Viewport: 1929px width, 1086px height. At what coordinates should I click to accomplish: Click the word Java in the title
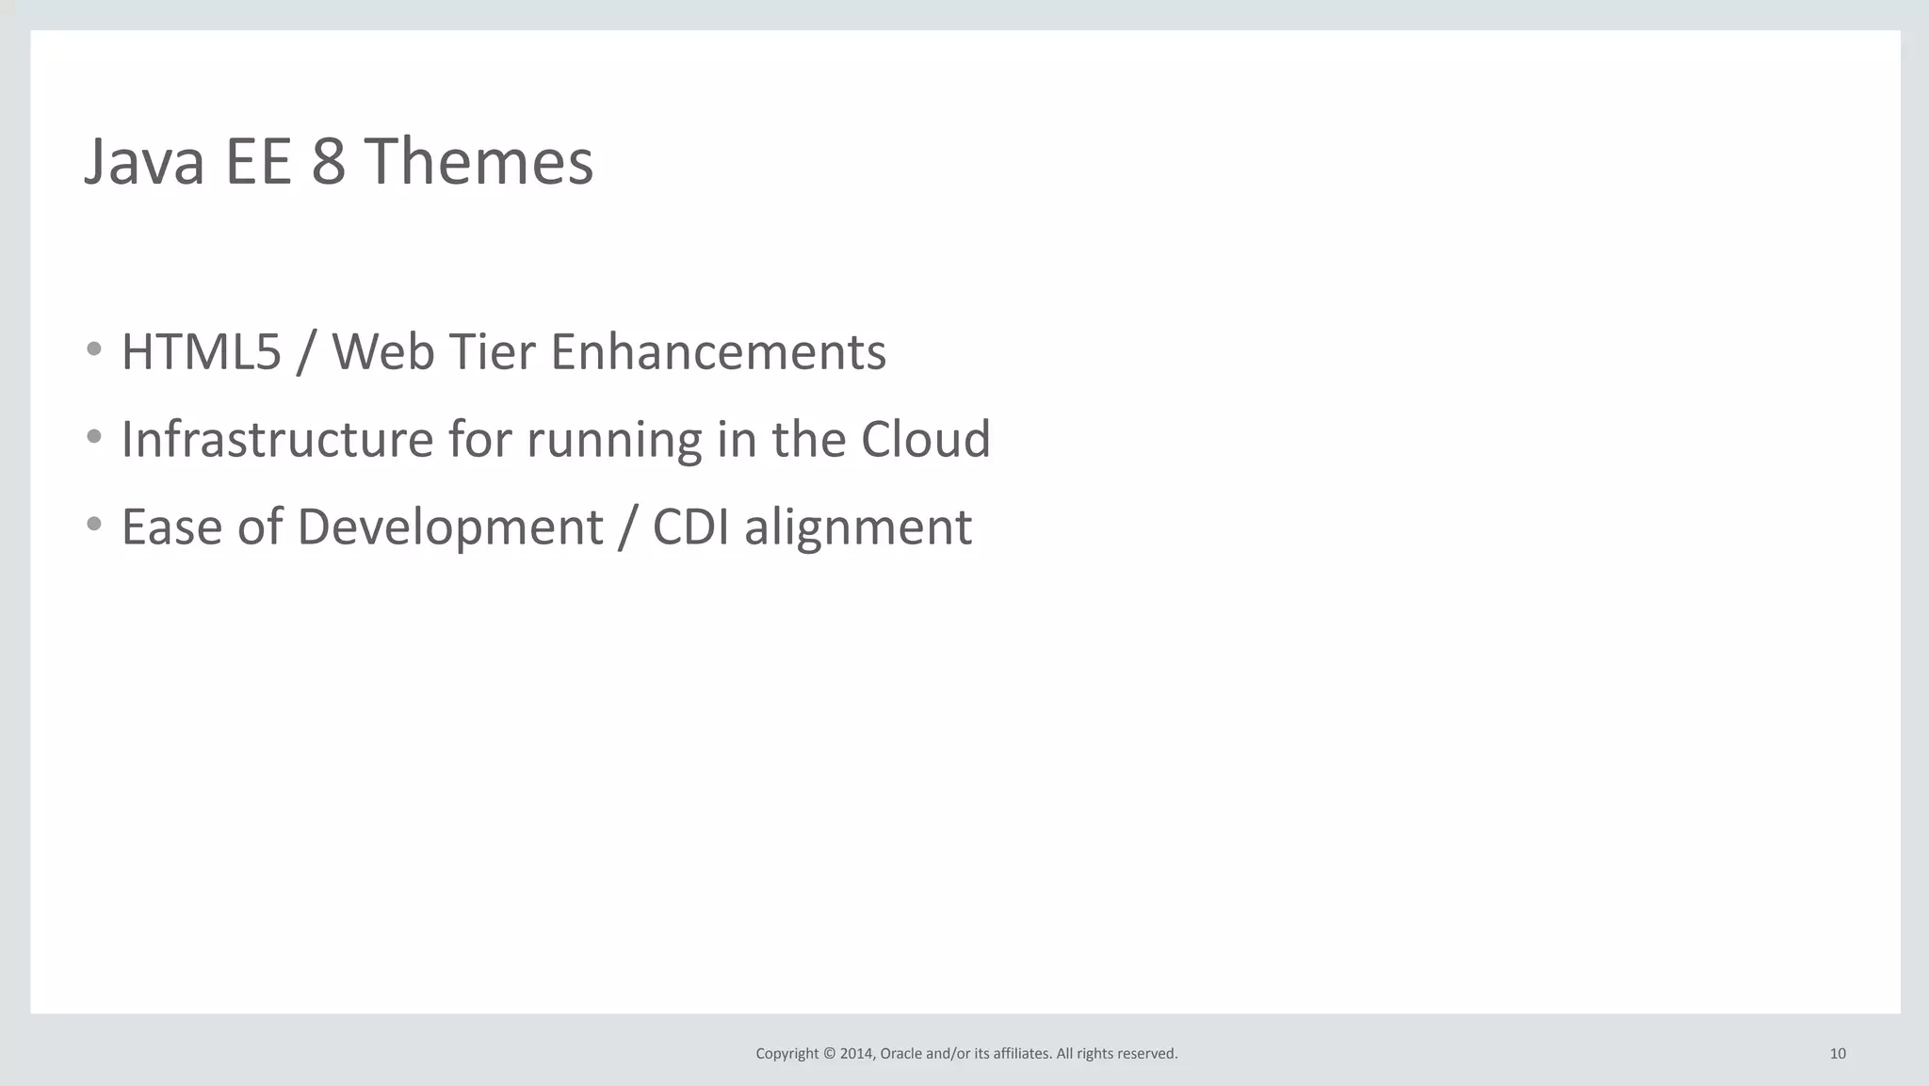click(x=144, y=161)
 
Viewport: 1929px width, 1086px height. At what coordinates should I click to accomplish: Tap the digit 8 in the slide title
click(x=329, y=161)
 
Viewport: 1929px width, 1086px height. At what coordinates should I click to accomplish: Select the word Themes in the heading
click(x=478, y=161)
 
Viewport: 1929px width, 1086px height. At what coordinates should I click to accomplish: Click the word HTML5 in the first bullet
click(x=202, y=352)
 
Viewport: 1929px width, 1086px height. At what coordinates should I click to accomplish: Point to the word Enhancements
click(x=718, y=352)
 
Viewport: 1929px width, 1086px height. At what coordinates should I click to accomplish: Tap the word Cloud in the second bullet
click(x=925, y=439)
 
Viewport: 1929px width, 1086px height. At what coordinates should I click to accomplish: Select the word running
click(x=614, y=441)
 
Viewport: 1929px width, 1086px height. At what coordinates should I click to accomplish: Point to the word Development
click(x=450, y=527)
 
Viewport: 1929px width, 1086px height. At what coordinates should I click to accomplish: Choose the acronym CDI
click(x=690, y=527)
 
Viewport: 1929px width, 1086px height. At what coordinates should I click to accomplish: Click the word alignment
click(x=858, y=527)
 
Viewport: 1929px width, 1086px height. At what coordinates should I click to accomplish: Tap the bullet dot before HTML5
click(x=94, y=349)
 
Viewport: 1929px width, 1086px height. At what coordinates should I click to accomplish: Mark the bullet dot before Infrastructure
click(x=94, y=436)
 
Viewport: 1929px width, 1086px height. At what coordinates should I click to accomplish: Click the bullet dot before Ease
click(x=94, y=524)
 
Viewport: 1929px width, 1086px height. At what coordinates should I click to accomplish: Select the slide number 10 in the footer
click(x=1838, y=1054)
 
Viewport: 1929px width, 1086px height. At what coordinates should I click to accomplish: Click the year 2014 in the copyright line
click(x=856, y=1054)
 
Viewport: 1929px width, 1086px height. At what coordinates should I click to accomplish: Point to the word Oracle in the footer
click(x=900, y=1054)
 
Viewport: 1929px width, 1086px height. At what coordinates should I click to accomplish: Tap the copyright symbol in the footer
click(x=829, y=1054)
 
